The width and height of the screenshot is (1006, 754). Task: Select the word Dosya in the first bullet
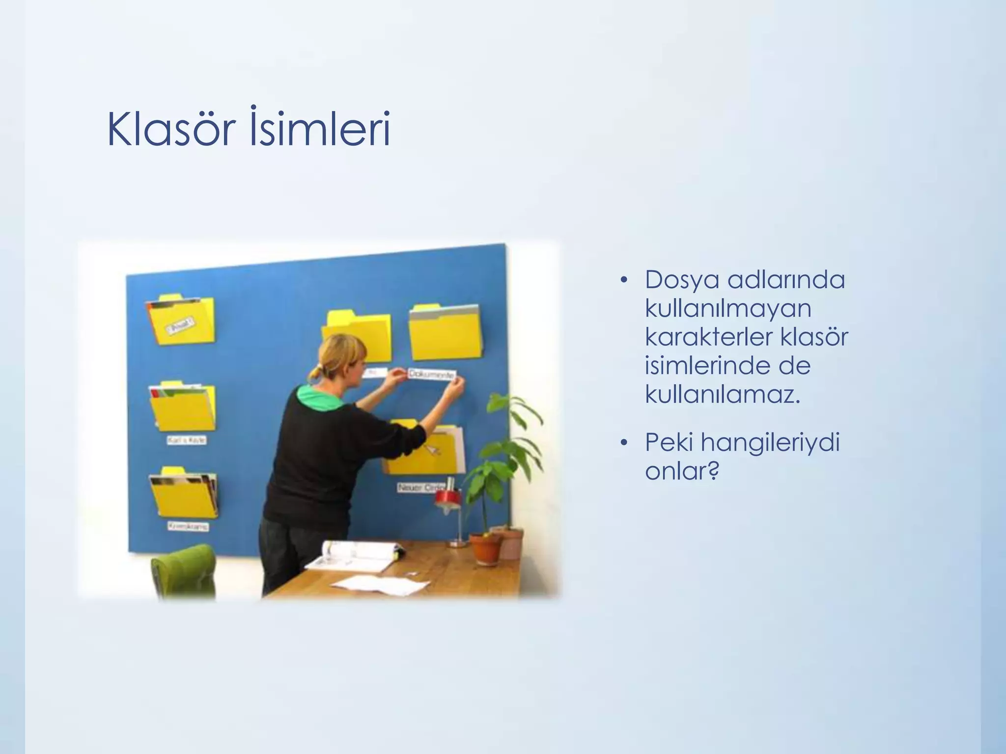[x=681, y=280]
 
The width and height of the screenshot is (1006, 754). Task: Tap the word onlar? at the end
[x=682, y=471]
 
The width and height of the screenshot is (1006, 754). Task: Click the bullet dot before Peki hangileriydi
[x=624, y=443]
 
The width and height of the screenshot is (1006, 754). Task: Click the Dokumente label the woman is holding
[x=431, y=375]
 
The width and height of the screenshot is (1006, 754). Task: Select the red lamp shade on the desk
[x=447, y=497]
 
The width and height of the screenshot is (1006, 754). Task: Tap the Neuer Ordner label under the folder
[x=420, y=488]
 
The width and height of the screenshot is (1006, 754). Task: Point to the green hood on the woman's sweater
[x=319, y=395]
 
